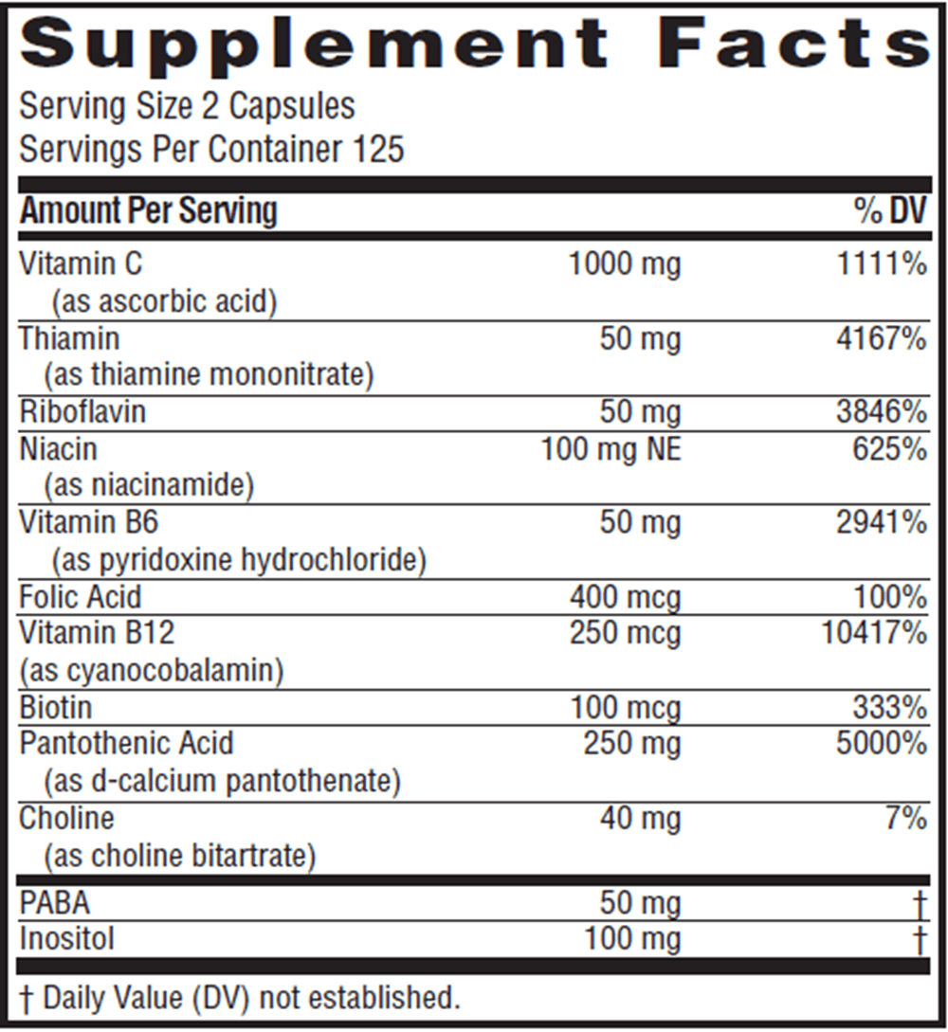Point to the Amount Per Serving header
pyautogui.click(x=149, y=210)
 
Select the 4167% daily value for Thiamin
pyautogui.click(x=881, y=338)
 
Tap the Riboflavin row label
pyautogui.click(x=82, y=412)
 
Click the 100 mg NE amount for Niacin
pyautogui.click(x=611, y=448)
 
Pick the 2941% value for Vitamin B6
pyautogui.click(x=881, y=522)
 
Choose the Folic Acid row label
pyautogui.click(x=81, y=597)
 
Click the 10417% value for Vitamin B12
pyautogui.click(x=873, y=633)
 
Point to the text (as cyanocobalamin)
pyautogui.click(x=152, y=670)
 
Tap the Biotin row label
pyautogui.click(x=56, y=708)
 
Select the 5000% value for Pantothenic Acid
pyautogui.click(x=881, y=744)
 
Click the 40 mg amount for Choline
pyautogui.click(x=640, y=818)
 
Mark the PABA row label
pyautogui.click(x=54, y=904)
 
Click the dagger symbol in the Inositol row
pyautogui.click(x=918, y=940)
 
